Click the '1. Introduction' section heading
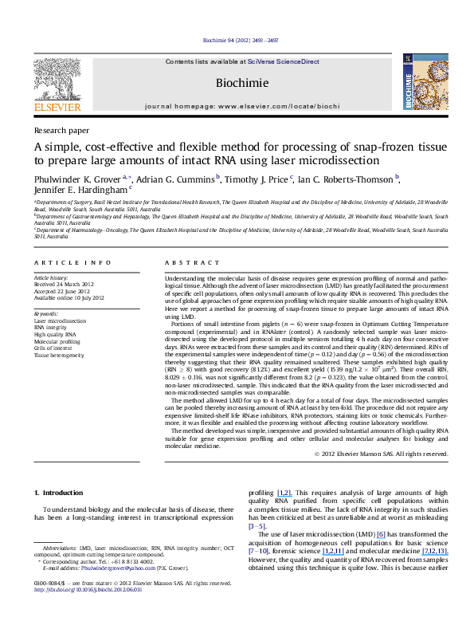point(59,472)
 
